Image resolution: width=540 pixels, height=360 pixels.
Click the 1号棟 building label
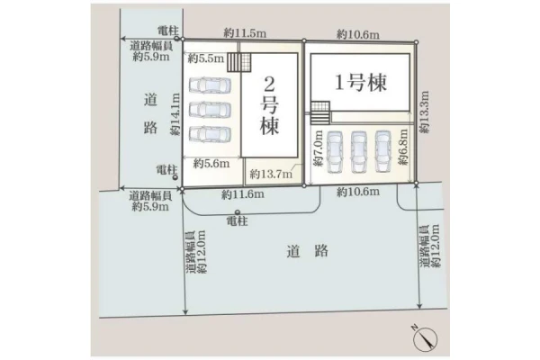(361, 83)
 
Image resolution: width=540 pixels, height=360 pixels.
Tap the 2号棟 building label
(269, 105)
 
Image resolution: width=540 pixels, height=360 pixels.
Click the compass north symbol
(425, 338)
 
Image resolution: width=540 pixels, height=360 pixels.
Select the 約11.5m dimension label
(245, 33)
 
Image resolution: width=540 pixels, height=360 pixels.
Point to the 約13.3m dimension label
(425, 112)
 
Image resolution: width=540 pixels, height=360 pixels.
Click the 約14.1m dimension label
(175, 114)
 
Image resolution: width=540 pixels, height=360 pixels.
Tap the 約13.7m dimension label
(272, 174)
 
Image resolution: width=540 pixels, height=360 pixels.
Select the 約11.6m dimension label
(243, 194)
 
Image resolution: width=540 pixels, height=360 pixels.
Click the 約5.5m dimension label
(205, 58)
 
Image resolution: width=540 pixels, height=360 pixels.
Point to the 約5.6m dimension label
(211, 163)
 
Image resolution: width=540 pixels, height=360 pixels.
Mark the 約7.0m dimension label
(318, 148)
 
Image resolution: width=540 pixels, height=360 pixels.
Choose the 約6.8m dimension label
(402, 147)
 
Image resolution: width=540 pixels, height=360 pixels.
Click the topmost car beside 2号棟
(210, 85)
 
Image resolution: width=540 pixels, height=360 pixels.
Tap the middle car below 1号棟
(358, 152)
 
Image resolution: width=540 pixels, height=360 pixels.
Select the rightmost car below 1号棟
(383, 151)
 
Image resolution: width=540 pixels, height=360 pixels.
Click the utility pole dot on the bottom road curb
(238, 211)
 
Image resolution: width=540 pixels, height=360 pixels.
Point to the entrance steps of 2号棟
(239, 62)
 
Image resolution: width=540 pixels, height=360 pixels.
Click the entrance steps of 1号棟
(320, 113)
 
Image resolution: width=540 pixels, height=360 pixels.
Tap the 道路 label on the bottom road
(307, 251)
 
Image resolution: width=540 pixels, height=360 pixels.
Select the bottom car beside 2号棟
(210, 134)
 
